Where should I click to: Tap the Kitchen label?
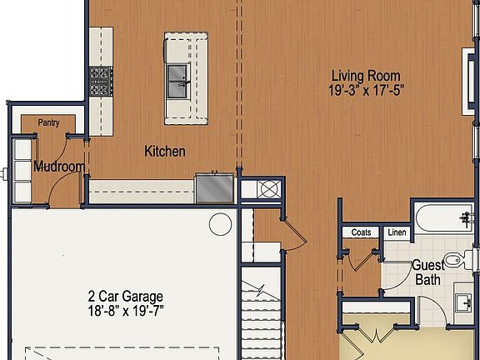click(165, 152)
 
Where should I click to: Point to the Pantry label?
click(48, 122)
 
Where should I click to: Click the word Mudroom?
click(58, 167)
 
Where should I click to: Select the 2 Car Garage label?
click(125, 297)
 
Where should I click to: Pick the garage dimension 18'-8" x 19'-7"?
click(125, 312)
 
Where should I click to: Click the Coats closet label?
click(361, 232)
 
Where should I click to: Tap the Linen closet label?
click(397, 232)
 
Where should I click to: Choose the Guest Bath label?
click(427, 272)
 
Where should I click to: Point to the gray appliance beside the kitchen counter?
click(214, 187)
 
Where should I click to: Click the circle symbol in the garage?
click(220, 223)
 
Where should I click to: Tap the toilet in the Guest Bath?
click(457, 261)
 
